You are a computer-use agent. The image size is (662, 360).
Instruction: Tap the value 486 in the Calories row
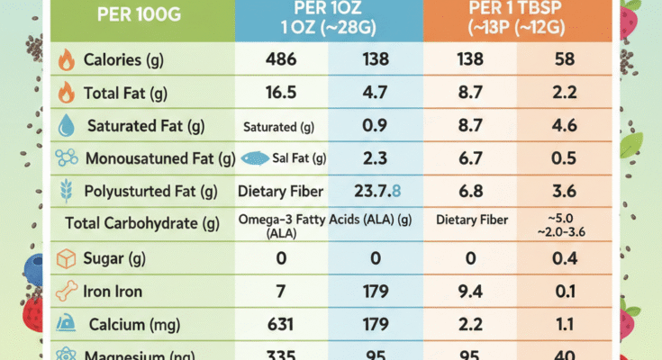point(282,60)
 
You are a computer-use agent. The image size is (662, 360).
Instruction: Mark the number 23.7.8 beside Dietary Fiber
point(378,191)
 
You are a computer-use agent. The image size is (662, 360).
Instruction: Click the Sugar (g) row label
point(115,258)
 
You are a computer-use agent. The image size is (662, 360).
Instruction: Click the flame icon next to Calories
point(67,61)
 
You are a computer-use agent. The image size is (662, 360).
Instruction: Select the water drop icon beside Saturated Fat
point(67,126)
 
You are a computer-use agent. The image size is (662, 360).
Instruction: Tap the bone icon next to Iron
point(67,291)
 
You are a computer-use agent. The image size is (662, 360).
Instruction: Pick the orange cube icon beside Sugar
point(67,258)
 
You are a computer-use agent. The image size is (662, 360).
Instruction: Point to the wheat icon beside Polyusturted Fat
point(67,191)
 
